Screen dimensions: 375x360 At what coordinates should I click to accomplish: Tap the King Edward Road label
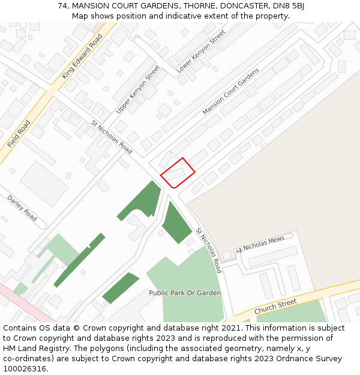pos(82,56)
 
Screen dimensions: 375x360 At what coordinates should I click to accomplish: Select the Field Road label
pos(19,134)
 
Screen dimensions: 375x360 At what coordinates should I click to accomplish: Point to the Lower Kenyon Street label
pos(200,52)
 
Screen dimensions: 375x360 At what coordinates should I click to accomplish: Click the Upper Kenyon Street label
pos(138,89)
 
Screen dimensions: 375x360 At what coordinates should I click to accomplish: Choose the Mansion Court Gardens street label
pos(230,91)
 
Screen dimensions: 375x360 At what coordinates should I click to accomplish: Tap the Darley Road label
pos(22,208)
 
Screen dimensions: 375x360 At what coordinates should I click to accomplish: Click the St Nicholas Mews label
pos(260,244)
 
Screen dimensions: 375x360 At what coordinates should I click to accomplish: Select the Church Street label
pos(275,307)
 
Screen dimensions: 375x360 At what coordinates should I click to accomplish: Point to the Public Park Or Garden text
pos(185,293)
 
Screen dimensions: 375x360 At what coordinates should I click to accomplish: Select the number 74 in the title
pos(62,5)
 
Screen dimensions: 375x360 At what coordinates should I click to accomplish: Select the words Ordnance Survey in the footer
pos(313,359)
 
